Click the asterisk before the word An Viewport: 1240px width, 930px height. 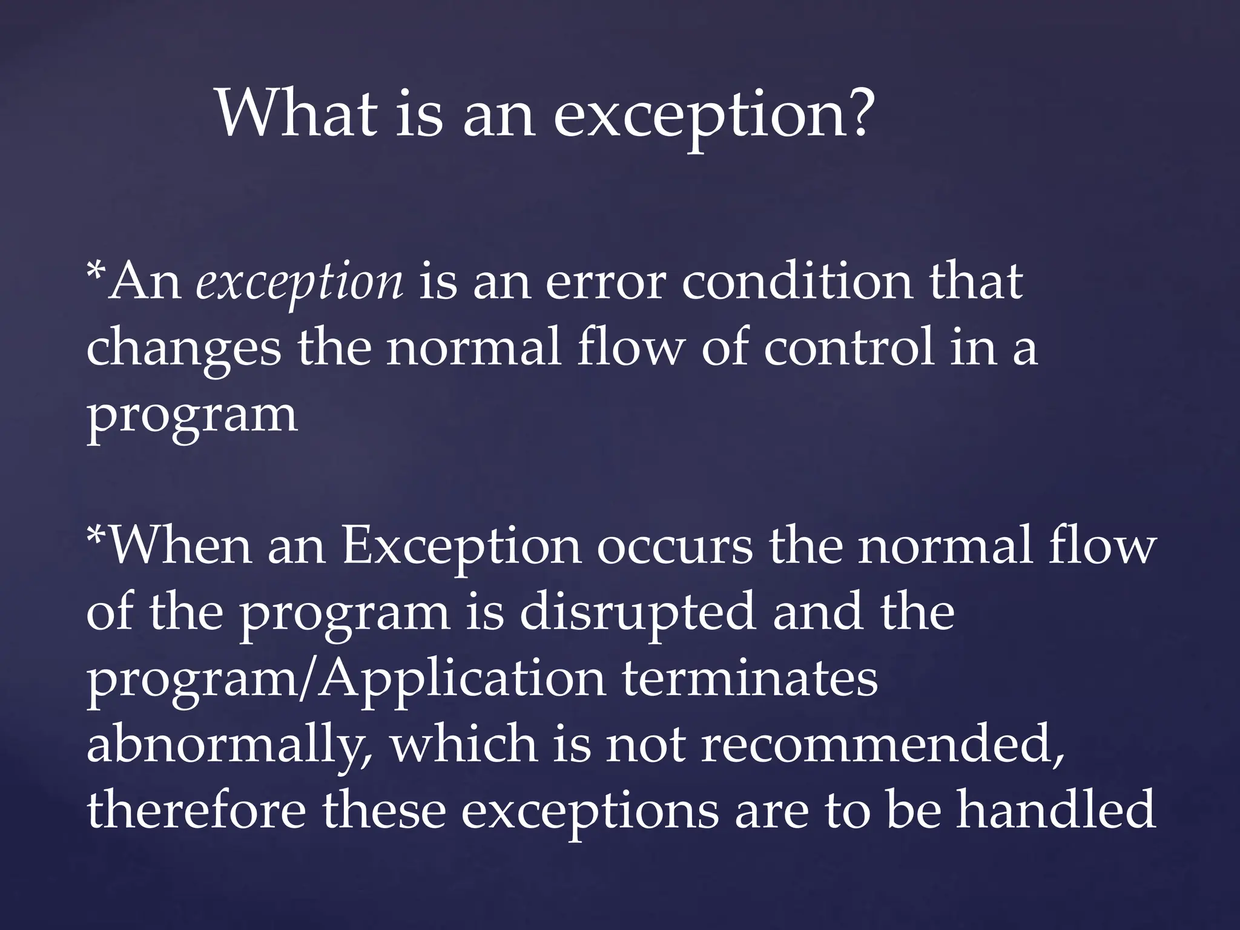point(96,269)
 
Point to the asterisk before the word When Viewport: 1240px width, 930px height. point(96,533)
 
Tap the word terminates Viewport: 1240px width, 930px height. point(750,679)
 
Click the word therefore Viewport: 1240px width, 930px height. point(196,810)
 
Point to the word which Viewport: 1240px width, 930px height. point(464,744)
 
